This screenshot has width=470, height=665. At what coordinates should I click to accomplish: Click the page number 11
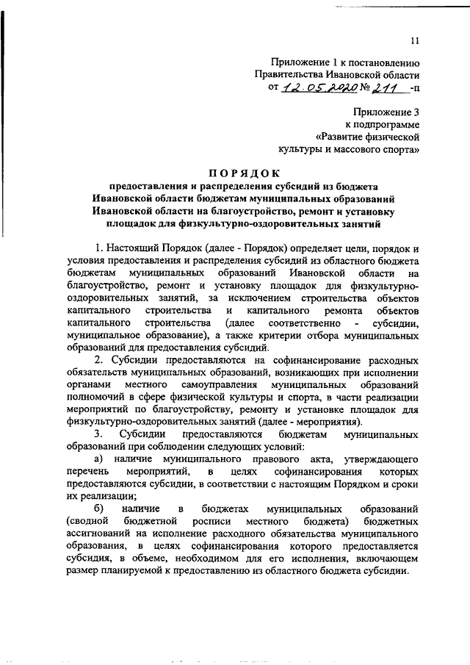[415, 42]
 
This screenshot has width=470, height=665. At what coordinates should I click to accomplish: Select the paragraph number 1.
[100, 247]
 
